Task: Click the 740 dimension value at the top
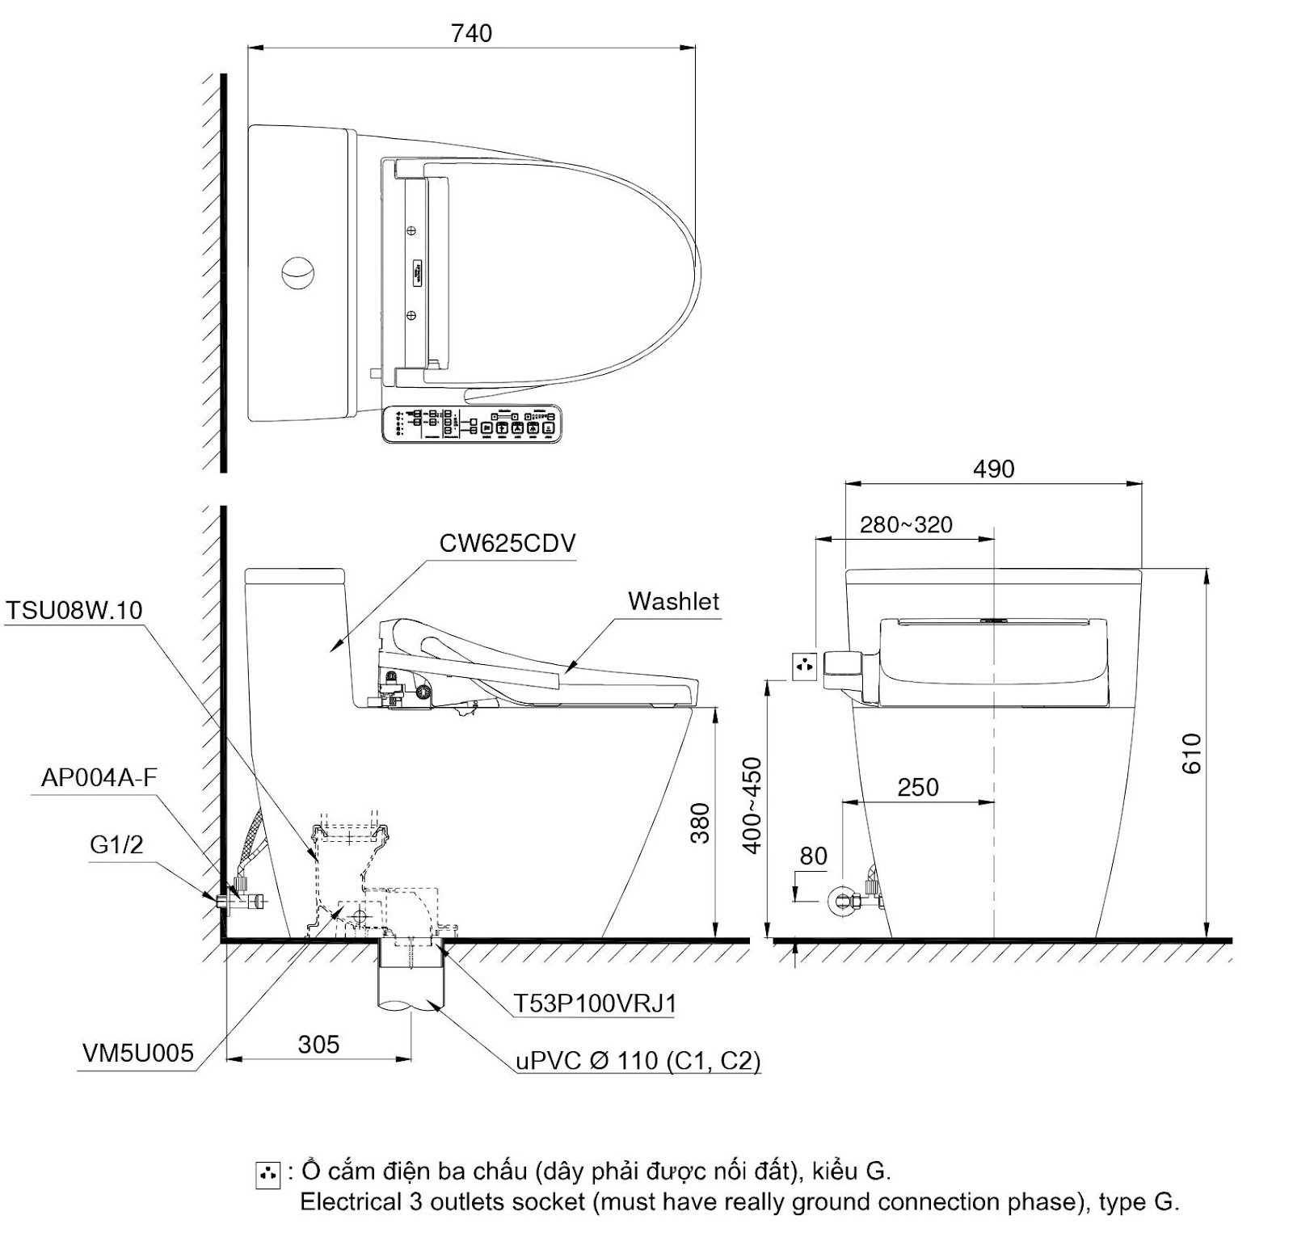(x=471, y=33)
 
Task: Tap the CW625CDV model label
(x=508, y=543)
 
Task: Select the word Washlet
(x=673, y=601)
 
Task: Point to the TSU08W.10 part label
(x=74, y=610)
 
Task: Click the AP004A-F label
(x=99, y=777)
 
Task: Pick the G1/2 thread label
(x=116, y=844)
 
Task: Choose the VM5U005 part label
(x=138, y=1053)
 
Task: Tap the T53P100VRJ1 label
(x=596, y=1003)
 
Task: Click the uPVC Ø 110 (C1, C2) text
(x=638, y=1060)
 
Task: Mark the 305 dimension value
(x=318, y=1045)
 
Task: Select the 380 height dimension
(x=700, y=823)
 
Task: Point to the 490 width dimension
(x=993, y=469)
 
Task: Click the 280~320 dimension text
(x=906, y=525)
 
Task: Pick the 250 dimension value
(x=918, y=788)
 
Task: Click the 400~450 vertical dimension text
(x=752, y=806)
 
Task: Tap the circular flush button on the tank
(x=297, y=272)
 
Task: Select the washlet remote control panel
(x=471, y=423)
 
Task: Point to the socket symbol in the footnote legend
(x=267, y=1175)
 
